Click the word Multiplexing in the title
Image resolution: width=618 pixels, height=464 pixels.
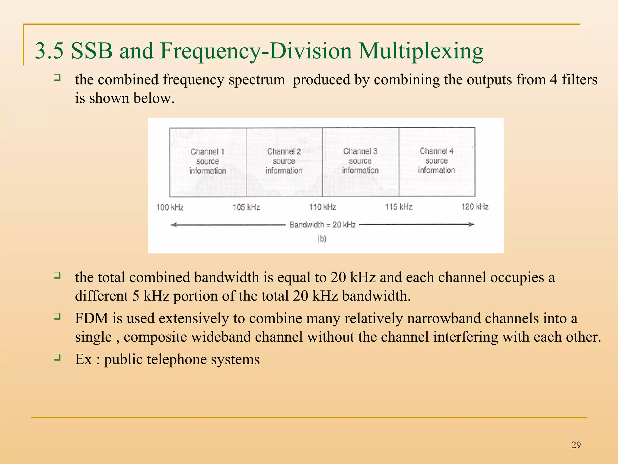click(x=421, y=51)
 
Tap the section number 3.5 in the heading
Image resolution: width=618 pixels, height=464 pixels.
click(x=49, y=51)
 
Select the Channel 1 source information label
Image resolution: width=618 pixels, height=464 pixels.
click(x=208, y=161)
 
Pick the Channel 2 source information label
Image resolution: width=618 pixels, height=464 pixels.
click(x=284, y=161)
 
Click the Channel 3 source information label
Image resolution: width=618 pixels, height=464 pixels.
click(x=360, y=160)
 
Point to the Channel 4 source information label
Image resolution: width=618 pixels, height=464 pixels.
click(x=436, y=160)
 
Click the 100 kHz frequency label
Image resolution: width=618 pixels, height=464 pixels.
click(x=170, y=207)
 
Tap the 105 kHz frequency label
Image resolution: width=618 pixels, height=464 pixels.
click(x=246, y=207)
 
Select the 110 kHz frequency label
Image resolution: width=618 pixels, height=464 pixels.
click(x=323, y=207)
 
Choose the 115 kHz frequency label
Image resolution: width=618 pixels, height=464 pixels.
click(x=399, y=207)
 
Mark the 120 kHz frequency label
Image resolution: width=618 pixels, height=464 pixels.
click(x=475, y=206)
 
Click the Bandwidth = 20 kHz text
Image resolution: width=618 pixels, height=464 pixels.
click(x=322, y=225)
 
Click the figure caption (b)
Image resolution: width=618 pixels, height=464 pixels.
click(x=322, y=239)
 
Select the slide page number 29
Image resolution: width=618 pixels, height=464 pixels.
click(x=576, y=445)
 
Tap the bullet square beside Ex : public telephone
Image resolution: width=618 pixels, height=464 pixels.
click(x=57, y=357)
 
